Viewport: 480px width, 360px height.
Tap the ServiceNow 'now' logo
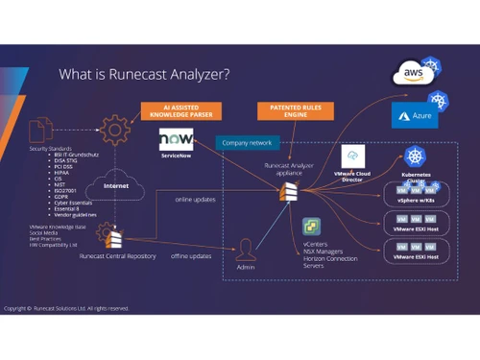[177, 141]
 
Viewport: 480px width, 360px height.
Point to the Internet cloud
[117, 186]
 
